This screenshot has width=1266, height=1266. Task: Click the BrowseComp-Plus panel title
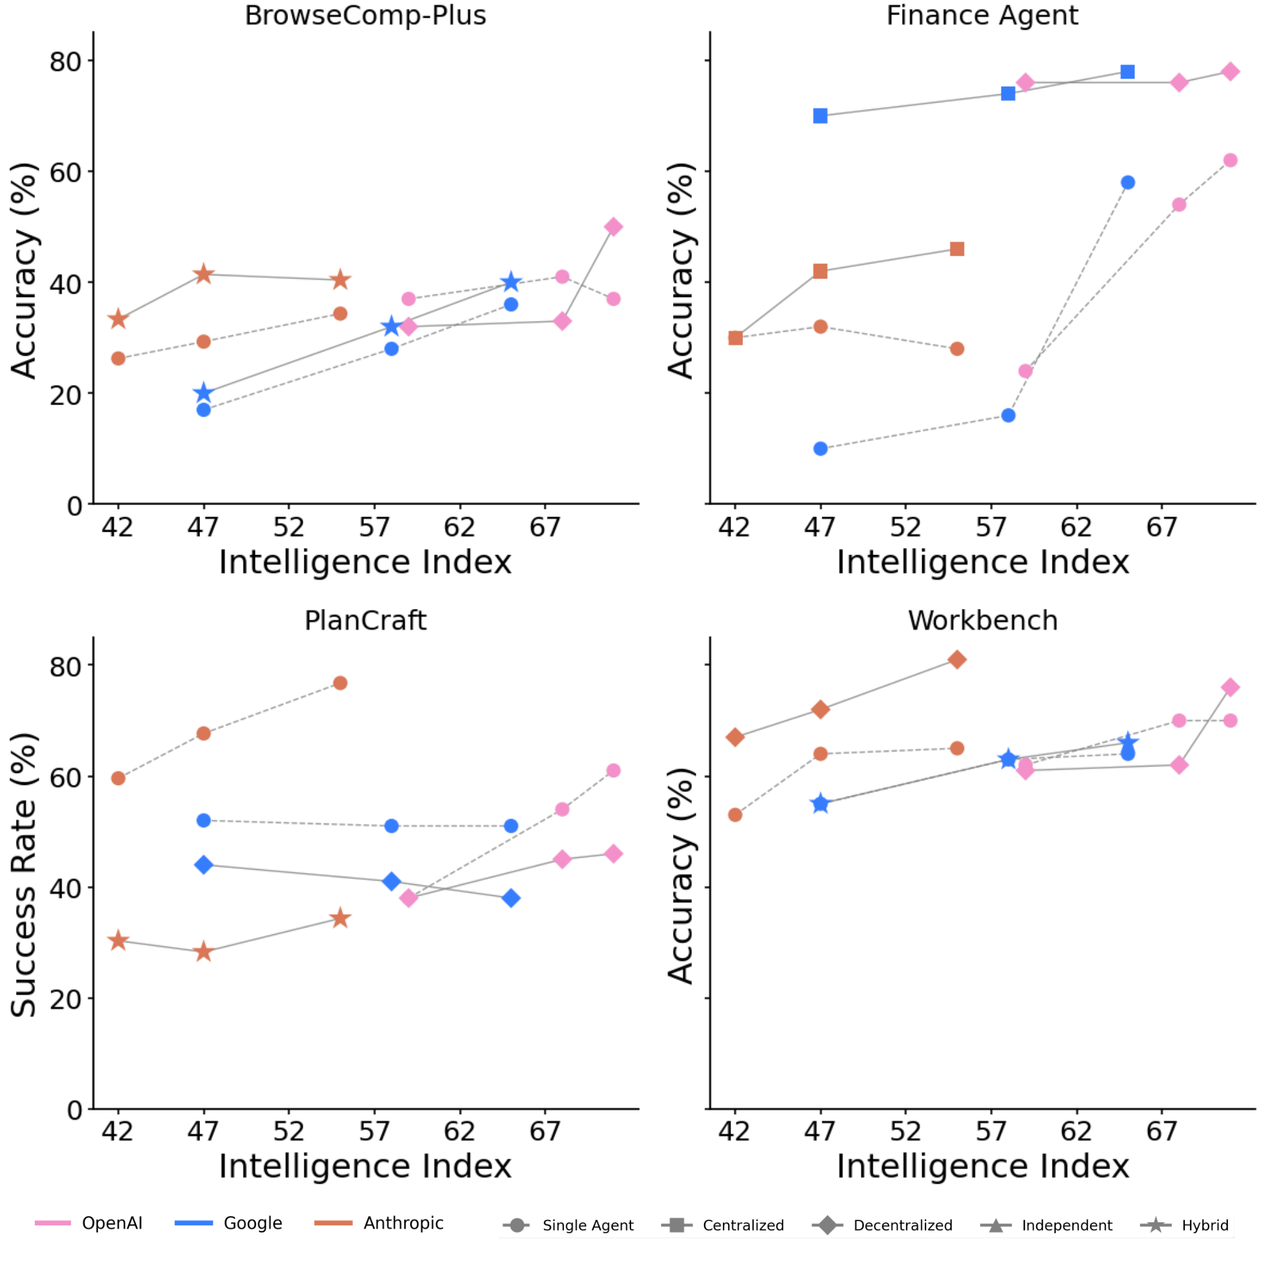[365, 15]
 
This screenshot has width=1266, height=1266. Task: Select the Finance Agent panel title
[982, 15]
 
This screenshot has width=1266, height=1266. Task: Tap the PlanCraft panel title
[365, 620]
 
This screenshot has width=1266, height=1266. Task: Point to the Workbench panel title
[982, 620]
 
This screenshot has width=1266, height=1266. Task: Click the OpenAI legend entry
[111, 1223]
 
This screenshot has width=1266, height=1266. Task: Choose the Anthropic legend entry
[403, 1223]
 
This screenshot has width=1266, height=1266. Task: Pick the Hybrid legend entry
[1205, 1225]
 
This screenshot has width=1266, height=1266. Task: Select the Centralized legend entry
[743, 1225]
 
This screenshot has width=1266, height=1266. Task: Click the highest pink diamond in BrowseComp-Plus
[613, 227]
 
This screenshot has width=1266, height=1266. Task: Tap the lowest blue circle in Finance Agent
[820, 449]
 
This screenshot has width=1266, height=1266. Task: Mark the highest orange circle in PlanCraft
[339, 683]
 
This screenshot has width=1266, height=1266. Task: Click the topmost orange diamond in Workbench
[956, 659]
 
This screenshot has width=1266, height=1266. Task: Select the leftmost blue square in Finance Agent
[820, 116]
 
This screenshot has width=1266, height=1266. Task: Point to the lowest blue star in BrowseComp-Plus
[203, 393]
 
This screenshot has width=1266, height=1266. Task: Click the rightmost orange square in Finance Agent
[956, 249]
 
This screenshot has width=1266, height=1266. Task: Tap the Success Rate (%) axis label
[23, 875]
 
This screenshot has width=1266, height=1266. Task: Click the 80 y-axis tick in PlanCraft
[66, 667]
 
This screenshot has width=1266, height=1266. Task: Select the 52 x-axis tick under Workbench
[905, 1131]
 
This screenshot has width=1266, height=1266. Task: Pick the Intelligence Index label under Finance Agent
[982, 562]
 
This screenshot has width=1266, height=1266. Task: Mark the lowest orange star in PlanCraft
[203, 951]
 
